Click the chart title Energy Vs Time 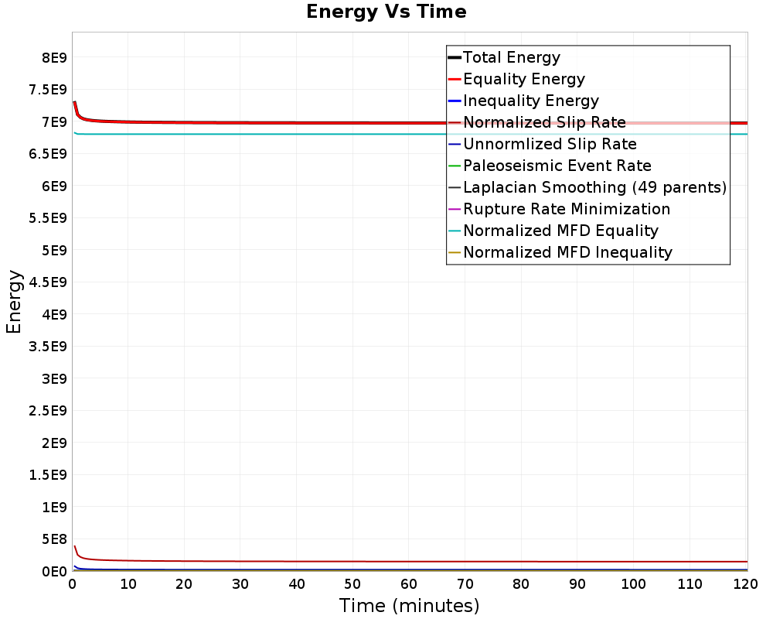coord(386,12)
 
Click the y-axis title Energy coord(14,302)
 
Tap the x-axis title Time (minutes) coord(409,606)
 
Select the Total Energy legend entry coord(511,57)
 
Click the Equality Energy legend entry coord(523,79)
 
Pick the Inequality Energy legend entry coord(530,101)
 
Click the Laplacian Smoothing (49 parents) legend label coord(594,187)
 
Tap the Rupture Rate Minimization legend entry coord(566,209)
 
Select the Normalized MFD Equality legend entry coord(560,231)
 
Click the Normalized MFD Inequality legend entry coord(567,252)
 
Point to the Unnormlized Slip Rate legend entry coord(550,144)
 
